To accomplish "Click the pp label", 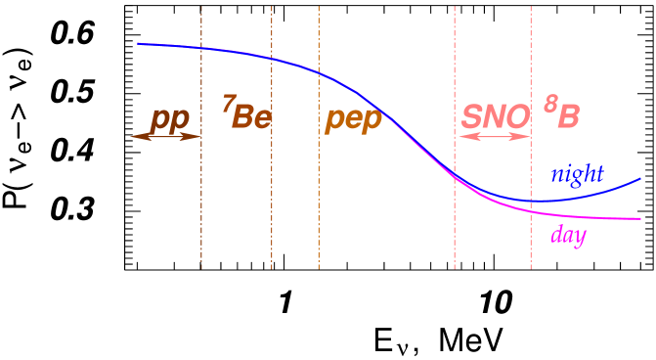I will [x=169, y=119].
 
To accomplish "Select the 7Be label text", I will [x=246, y=116].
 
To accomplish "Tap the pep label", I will [x=354, y=119].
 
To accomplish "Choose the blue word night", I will [x=577, y=174].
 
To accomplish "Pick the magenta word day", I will [x=568, y=235].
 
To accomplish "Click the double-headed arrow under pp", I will [x=166, y=137].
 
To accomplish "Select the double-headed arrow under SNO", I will [x=493, y=137].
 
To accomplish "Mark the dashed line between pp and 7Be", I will [x=201, y=196].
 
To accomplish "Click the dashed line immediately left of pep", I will [x=318, y=196].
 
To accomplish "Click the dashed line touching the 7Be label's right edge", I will [x=272, y=196].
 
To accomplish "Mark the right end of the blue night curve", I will [x=639, y=179].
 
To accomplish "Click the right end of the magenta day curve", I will [x=639, y=219].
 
